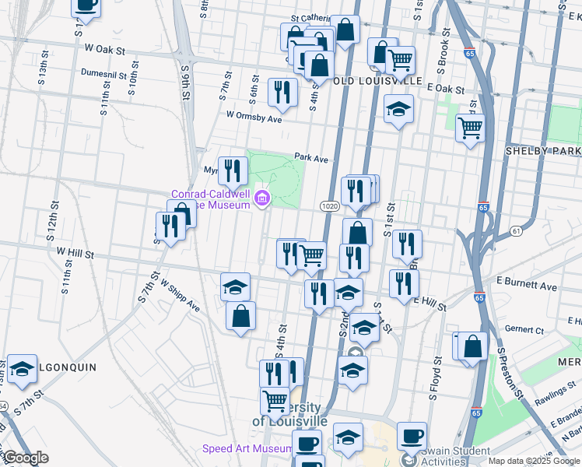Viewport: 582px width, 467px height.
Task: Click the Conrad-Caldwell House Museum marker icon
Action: tap(262, 199)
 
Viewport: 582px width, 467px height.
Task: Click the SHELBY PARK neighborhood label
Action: tap(543, 150)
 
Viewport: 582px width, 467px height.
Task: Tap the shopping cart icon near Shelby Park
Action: tap(470, 126)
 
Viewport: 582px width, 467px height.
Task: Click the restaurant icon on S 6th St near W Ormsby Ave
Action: tap(282, 93)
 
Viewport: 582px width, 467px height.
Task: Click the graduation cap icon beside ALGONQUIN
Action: tap(22, 370)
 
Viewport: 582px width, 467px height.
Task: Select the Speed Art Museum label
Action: tap(247, 449)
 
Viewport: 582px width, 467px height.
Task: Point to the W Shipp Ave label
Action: tap(180, 297)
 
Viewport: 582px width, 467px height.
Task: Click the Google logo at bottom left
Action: tap(25, 457)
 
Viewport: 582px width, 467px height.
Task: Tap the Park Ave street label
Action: tap(311, 157)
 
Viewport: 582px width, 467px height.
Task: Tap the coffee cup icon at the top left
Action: tap(86, 5)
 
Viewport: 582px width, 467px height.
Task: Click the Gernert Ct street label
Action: tap(524, 329)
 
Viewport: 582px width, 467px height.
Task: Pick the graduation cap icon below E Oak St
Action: tap(398, 109)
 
